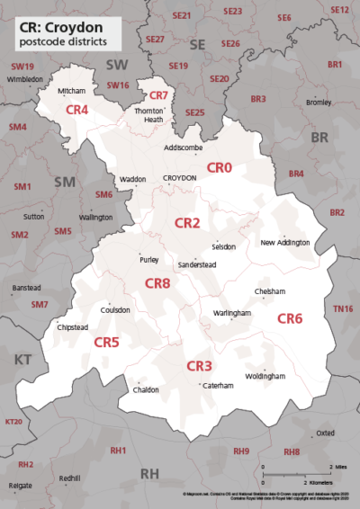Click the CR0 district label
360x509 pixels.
(220, 167)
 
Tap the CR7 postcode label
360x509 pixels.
(158, 95)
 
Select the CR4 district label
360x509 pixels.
(77, 109)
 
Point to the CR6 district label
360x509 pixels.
(289, 318)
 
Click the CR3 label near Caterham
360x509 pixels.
(199, 366)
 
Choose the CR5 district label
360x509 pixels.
(107, 342)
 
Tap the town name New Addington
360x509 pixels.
(284, 243)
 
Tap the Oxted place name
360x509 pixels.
(325, 433)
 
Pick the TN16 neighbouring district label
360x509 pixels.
(343, 309)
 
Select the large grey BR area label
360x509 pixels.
(319, 138)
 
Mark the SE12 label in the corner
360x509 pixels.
(339, 9)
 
